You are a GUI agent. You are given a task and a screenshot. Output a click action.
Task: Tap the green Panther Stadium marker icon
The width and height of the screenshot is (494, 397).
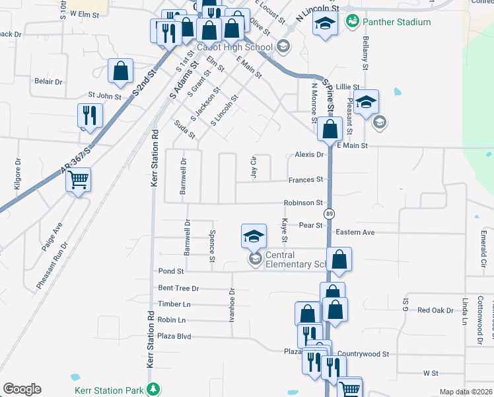coord(353,22)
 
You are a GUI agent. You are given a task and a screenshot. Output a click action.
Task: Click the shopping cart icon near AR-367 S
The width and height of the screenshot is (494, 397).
coord(78,179)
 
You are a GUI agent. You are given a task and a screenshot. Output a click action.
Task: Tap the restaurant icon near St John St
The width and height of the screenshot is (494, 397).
coord(88,115)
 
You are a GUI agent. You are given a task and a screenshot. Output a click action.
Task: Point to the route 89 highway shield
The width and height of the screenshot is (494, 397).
coord(328,214)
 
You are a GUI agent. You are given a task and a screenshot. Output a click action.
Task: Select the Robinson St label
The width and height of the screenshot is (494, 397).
coord(303,202)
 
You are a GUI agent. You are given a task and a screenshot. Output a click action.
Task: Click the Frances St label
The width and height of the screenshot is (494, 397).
coord(305,179)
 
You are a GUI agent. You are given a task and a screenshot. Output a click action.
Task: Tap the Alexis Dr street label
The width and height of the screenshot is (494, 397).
coord(309,154)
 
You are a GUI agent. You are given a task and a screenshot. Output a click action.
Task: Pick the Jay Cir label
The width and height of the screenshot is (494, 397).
coord(253,167)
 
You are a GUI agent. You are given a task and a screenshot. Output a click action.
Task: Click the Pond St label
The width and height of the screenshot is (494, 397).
coord(171,271)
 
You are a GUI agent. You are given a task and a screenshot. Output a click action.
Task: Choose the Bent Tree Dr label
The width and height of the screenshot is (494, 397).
coord(178,288)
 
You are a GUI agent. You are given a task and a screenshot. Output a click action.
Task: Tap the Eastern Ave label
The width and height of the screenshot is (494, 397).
coord(355,232)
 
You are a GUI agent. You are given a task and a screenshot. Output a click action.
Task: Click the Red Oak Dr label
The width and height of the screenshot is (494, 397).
coord(435,310)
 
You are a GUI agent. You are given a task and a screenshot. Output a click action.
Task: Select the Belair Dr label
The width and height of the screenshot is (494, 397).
coord(48,81)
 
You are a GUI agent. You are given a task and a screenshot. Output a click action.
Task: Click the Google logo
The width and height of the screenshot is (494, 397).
coord(22,389)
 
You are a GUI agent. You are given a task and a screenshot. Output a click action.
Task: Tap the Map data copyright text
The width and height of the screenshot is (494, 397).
coord(466,392)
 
